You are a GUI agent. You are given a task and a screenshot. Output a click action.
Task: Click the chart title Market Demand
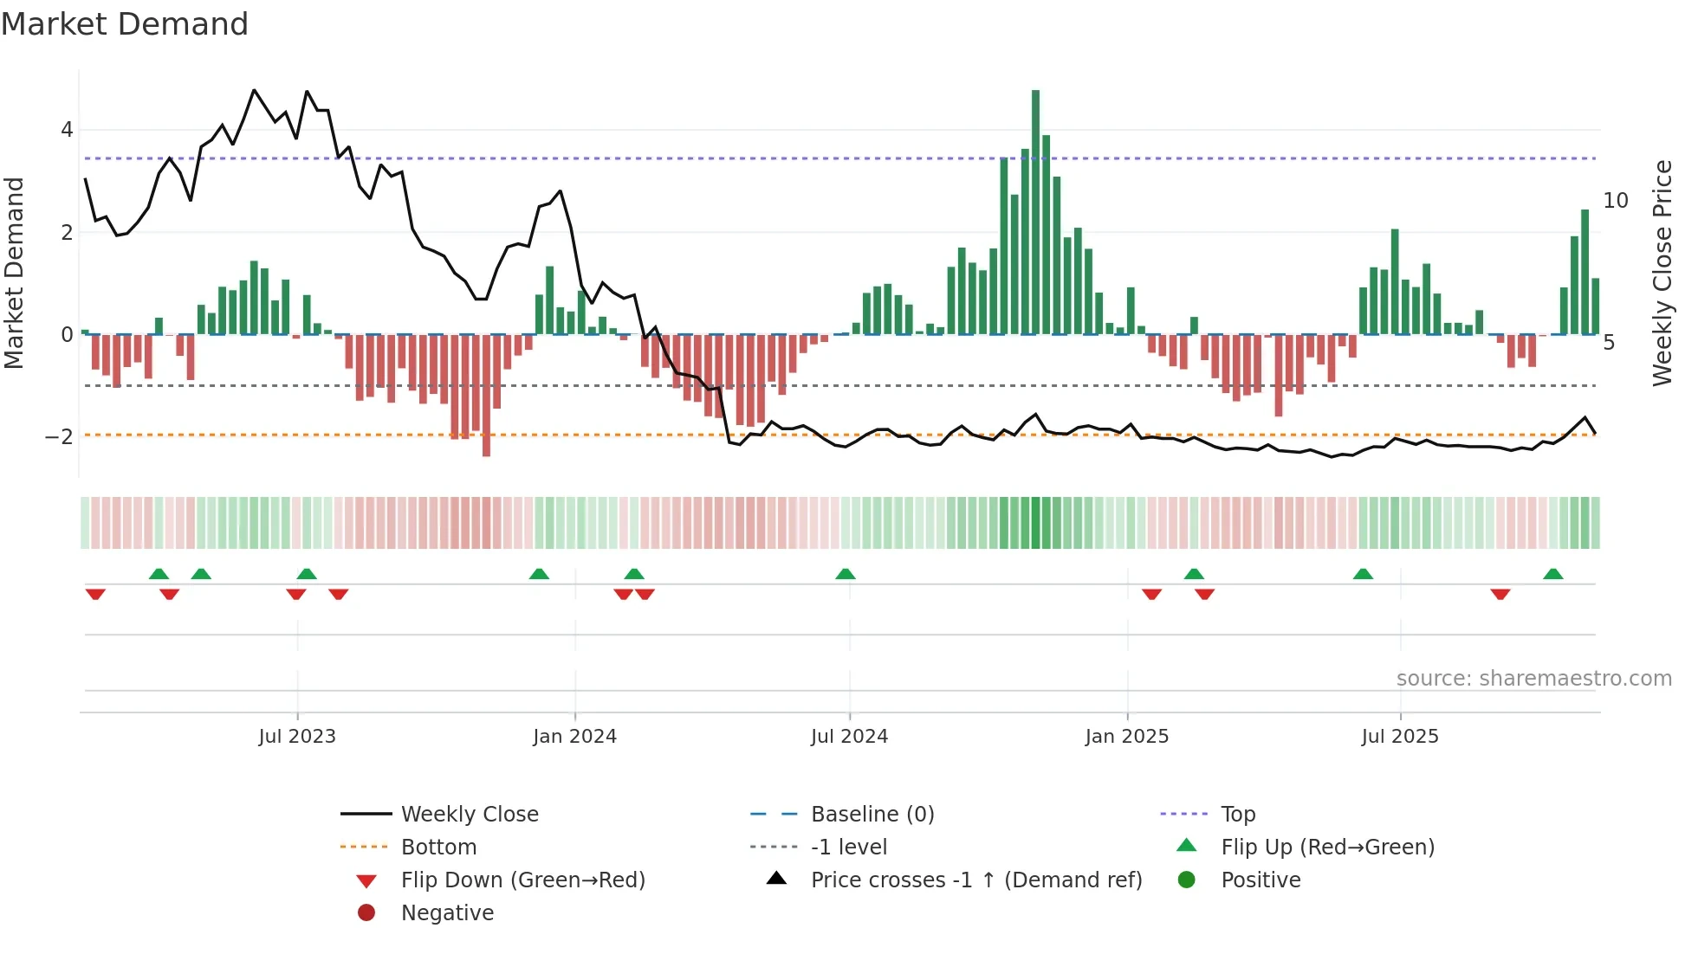tap(125, 24)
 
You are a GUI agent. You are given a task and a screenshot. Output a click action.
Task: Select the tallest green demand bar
tap(1035, 212)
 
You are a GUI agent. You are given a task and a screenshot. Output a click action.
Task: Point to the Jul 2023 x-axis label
tap(297, 737)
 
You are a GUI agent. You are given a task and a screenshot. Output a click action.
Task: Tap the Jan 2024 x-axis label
tap(574, 737)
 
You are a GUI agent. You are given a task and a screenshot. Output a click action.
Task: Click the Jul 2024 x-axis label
tap(849, 737)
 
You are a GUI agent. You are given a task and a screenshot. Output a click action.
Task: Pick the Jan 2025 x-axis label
tap(1126, 737)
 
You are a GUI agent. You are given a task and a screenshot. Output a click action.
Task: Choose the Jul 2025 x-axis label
tap(1399, 737)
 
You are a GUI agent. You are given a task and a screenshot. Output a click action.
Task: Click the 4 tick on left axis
tap(67, 130)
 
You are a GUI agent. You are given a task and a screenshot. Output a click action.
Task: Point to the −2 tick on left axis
tap(60, 436)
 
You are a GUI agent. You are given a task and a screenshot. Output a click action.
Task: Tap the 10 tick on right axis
tap(1615, 201)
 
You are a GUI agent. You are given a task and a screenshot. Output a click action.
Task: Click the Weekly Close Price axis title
tap(1662, 273)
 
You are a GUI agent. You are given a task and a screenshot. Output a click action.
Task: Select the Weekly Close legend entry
tap(469, 815)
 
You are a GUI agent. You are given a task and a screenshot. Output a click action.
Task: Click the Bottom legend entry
tap(438, 848)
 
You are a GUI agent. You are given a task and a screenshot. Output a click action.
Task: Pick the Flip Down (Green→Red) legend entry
tap(522, 880)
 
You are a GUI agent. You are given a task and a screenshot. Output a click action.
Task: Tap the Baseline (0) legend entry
tap(872, 815)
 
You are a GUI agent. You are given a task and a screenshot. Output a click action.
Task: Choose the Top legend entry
tap(1237, 815)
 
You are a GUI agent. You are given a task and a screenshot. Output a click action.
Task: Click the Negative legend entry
tap(447, 913)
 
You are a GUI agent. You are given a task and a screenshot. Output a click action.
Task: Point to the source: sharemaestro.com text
tap(1533, 679)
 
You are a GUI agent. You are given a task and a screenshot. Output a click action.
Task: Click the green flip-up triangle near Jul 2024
tap(846, 574)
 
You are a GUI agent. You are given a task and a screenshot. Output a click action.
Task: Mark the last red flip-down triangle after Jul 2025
tap(1500, 594)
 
